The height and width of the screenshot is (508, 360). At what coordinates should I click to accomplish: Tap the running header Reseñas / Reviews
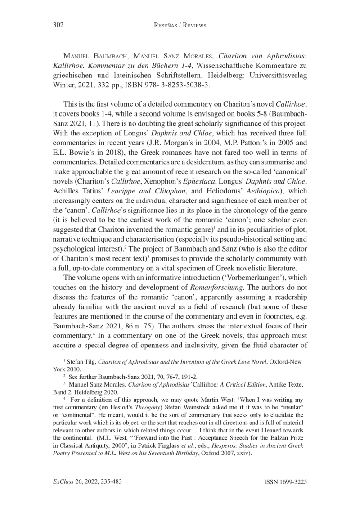[180, 26]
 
